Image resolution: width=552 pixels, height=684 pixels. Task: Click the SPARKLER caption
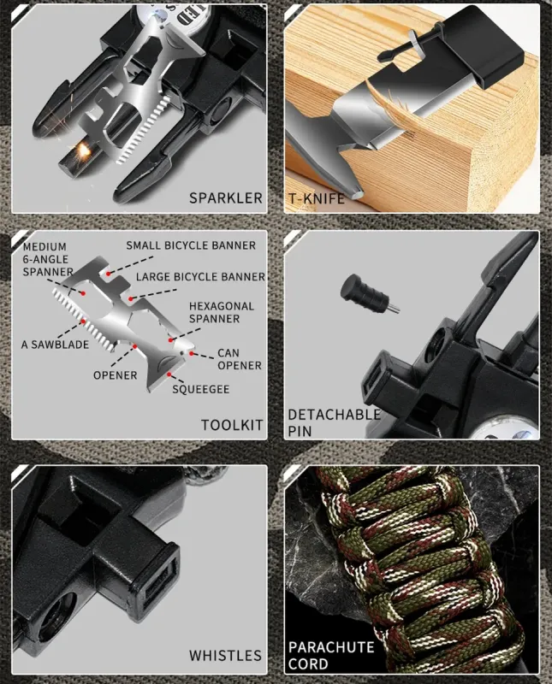coord(226,198)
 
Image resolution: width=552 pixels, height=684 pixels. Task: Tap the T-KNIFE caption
coord(317,198)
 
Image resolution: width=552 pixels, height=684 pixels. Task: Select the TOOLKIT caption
coord(233,425)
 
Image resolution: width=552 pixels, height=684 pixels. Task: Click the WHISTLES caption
coord(225,656)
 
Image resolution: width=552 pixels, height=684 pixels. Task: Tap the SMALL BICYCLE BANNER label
coord(191,245)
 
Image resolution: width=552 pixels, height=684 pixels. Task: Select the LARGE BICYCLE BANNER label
coord(201,277)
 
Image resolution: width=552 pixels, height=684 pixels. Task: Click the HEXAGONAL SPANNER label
coord(222,311)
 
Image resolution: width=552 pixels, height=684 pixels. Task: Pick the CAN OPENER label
coord(240,358)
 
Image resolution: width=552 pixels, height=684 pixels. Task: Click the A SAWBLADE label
coord(54,345)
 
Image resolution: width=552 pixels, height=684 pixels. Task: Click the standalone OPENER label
coord(116,374)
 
